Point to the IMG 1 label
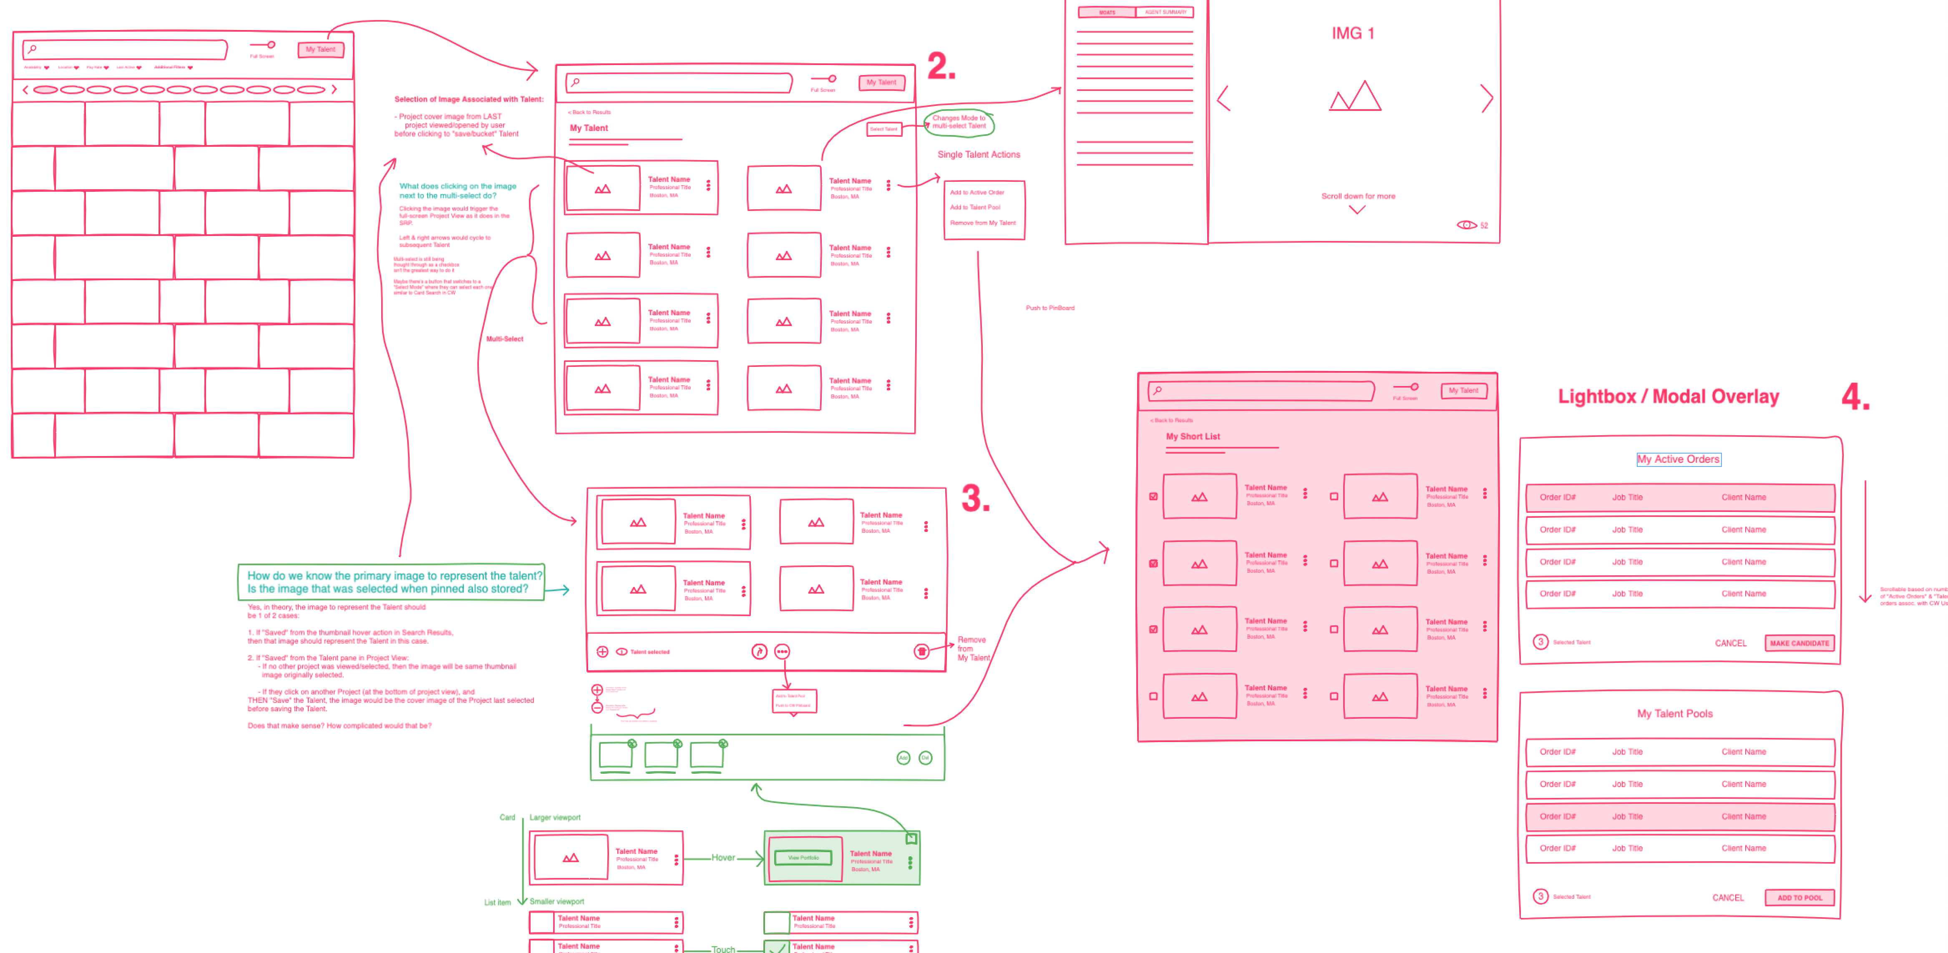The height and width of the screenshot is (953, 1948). (1353, 33)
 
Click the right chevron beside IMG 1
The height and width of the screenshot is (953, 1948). (1487, 99)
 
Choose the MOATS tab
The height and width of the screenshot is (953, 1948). (1107, 12)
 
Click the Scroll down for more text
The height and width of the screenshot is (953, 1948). (1358, 196)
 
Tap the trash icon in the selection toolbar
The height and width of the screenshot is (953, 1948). (921, 652)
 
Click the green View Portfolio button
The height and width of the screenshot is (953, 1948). (803, 858)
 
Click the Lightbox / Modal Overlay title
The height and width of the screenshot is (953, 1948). (1668, 397)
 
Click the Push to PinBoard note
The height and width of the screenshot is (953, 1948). (1050, 308)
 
